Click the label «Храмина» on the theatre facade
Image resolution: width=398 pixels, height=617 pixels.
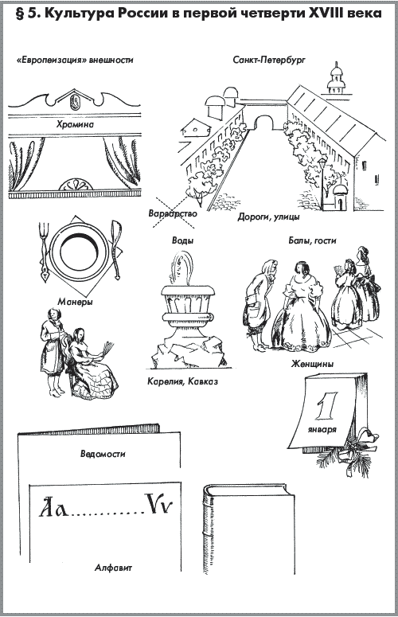[75, 125]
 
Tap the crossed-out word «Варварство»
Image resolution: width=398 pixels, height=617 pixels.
[173, 213]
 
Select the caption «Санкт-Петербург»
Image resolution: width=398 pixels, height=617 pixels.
[269, 61]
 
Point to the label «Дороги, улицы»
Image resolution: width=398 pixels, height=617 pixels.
[268, 217]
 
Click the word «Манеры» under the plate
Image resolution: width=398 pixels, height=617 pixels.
[75, 303]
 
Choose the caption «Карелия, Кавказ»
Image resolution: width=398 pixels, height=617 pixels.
[183, 381]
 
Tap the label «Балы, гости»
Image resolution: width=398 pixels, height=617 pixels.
[313, 240]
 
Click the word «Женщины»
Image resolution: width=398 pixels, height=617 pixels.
[312, 364]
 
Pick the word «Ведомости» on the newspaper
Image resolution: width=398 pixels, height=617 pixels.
[103, 454]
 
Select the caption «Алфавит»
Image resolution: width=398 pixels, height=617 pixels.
[113, 568]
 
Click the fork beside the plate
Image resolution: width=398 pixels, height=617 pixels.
[44, 252]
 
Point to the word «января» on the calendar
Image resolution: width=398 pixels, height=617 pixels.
[322, 429]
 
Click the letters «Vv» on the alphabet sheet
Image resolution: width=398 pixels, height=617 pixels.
[158, 504]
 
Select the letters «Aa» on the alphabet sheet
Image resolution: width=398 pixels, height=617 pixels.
[53, 507]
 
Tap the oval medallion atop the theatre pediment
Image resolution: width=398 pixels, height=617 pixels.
[74, 102]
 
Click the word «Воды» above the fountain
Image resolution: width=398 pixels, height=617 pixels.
[183, 240]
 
